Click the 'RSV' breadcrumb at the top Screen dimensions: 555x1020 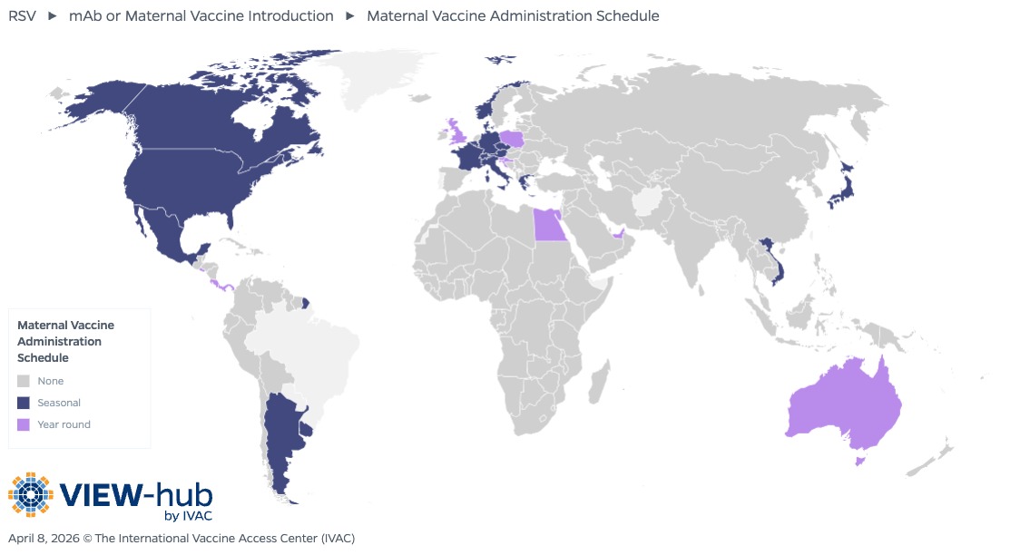(x=22, y=15)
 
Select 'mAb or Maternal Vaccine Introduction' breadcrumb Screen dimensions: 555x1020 (x=201, y=15)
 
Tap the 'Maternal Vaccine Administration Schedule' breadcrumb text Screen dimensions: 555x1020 (x=513, y=15)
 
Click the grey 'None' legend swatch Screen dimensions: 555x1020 (x=24, y=381)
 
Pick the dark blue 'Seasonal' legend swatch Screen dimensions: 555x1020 (x=24, y=403)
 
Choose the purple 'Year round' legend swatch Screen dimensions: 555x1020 (x=24, y=424)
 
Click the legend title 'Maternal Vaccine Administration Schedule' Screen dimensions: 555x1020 (x=65, y=341)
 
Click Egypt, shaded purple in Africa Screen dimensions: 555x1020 (x=550, y=224)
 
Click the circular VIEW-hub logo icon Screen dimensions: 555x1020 (x=32, y=496)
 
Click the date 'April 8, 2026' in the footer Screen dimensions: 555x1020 (x=43, y=538)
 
